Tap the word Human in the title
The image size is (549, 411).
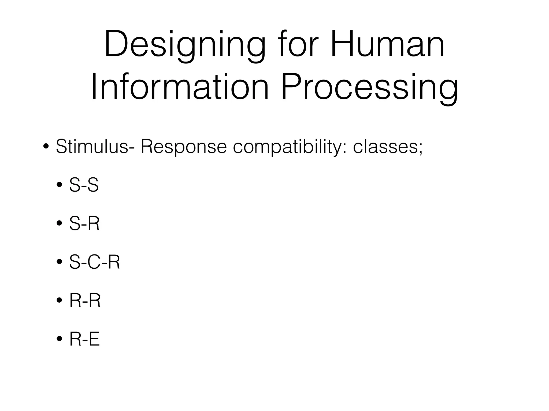388,44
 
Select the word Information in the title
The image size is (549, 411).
180,87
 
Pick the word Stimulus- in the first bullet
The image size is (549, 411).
95,147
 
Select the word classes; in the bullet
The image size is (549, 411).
388,147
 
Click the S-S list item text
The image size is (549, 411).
84,185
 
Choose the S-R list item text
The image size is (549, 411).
84,224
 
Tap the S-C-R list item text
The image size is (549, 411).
94,262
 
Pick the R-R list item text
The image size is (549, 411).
85,301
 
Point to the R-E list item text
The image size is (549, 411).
84,340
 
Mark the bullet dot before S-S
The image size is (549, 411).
59,185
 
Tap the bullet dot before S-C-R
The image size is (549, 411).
59,262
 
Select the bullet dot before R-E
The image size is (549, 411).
59,340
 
